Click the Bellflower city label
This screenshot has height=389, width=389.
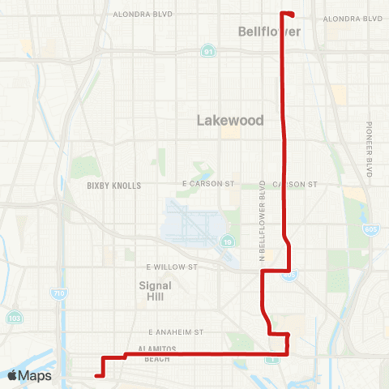click(270, 32)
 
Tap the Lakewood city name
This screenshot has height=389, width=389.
click(231, 120)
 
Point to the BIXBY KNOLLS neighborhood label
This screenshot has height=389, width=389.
click(114, 186)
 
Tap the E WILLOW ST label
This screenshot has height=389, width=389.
click(172, 266)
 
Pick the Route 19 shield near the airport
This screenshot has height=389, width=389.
click(229, 242)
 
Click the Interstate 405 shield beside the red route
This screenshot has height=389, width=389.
click(290, 276)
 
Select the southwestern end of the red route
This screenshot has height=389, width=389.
click(96, 375)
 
